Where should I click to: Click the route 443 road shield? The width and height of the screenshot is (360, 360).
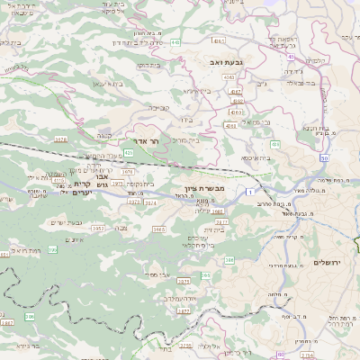pos(200,41)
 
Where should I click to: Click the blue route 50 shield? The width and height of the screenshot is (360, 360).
pos(324,157)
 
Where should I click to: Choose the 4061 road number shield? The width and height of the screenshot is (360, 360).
pos(236,92)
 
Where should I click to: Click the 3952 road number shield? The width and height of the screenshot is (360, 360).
pos(96,229)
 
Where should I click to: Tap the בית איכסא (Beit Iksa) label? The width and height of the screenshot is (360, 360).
pos(256,157)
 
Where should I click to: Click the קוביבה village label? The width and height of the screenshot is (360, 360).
pos(158,108)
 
